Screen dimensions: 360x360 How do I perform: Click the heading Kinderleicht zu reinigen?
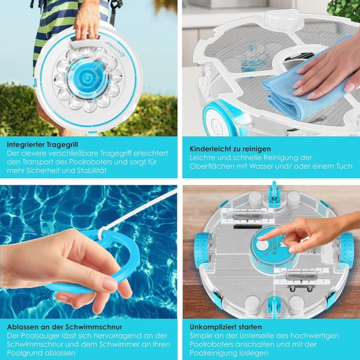230,148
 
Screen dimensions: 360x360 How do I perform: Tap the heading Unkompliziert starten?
225,327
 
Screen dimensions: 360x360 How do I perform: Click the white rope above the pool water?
147,210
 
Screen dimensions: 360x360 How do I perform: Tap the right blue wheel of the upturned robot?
346,249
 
